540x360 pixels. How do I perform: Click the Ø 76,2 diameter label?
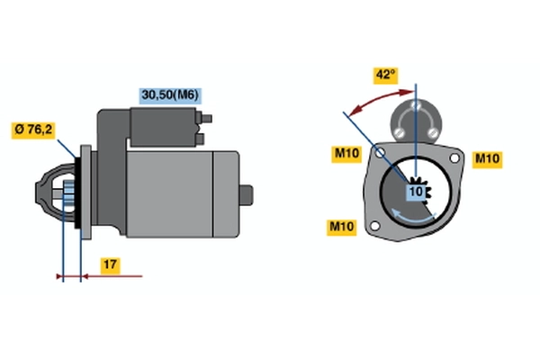pos(34,129)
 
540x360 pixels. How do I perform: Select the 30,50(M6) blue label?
pos(167,94)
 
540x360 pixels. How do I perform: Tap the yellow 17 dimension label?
pos(108,265)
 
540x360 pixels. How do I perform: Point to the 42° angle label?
pos(385,75)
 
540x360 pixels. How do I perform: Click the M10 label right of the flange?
pos(487,158)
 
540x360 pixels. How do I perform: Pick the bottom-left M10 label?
pos(341,225)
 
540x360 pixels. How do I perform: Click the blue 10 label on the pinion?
pos(416,192)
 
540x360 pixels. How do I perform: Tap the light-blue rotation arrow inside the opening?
pos(414,219)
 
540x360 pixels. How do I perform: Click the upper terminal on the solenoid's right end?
pos(208,117)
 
